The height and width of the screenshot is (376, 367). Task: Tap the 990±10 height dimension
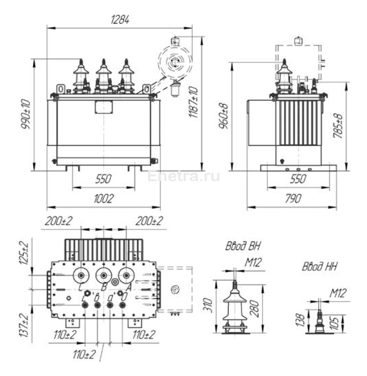pyautogui.click(x=26, y=114)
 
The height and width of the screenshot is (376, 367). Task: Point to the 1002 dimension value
pyautogui.click(x=103, y=198)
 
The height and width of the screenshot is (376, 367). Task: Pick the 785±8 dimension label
pyautogui.click(x=340, y=126)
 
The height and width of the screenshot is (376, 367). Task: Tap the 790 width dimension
pyautogui.click(x=293, y=198)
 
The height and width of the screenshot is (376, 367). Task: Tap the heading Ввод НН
pyautogui.click(x=319, y=267)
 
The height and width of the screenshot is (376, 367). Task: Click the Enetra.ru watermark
pyautogui.click(x=183, y=176)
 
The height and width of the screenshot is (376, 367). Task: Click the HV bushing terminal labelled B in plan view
pyautogui.click(x=104, y=275)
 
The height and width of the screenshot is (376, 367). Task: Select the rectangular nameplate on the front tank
pyautogui.click(x=103, y=107)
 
